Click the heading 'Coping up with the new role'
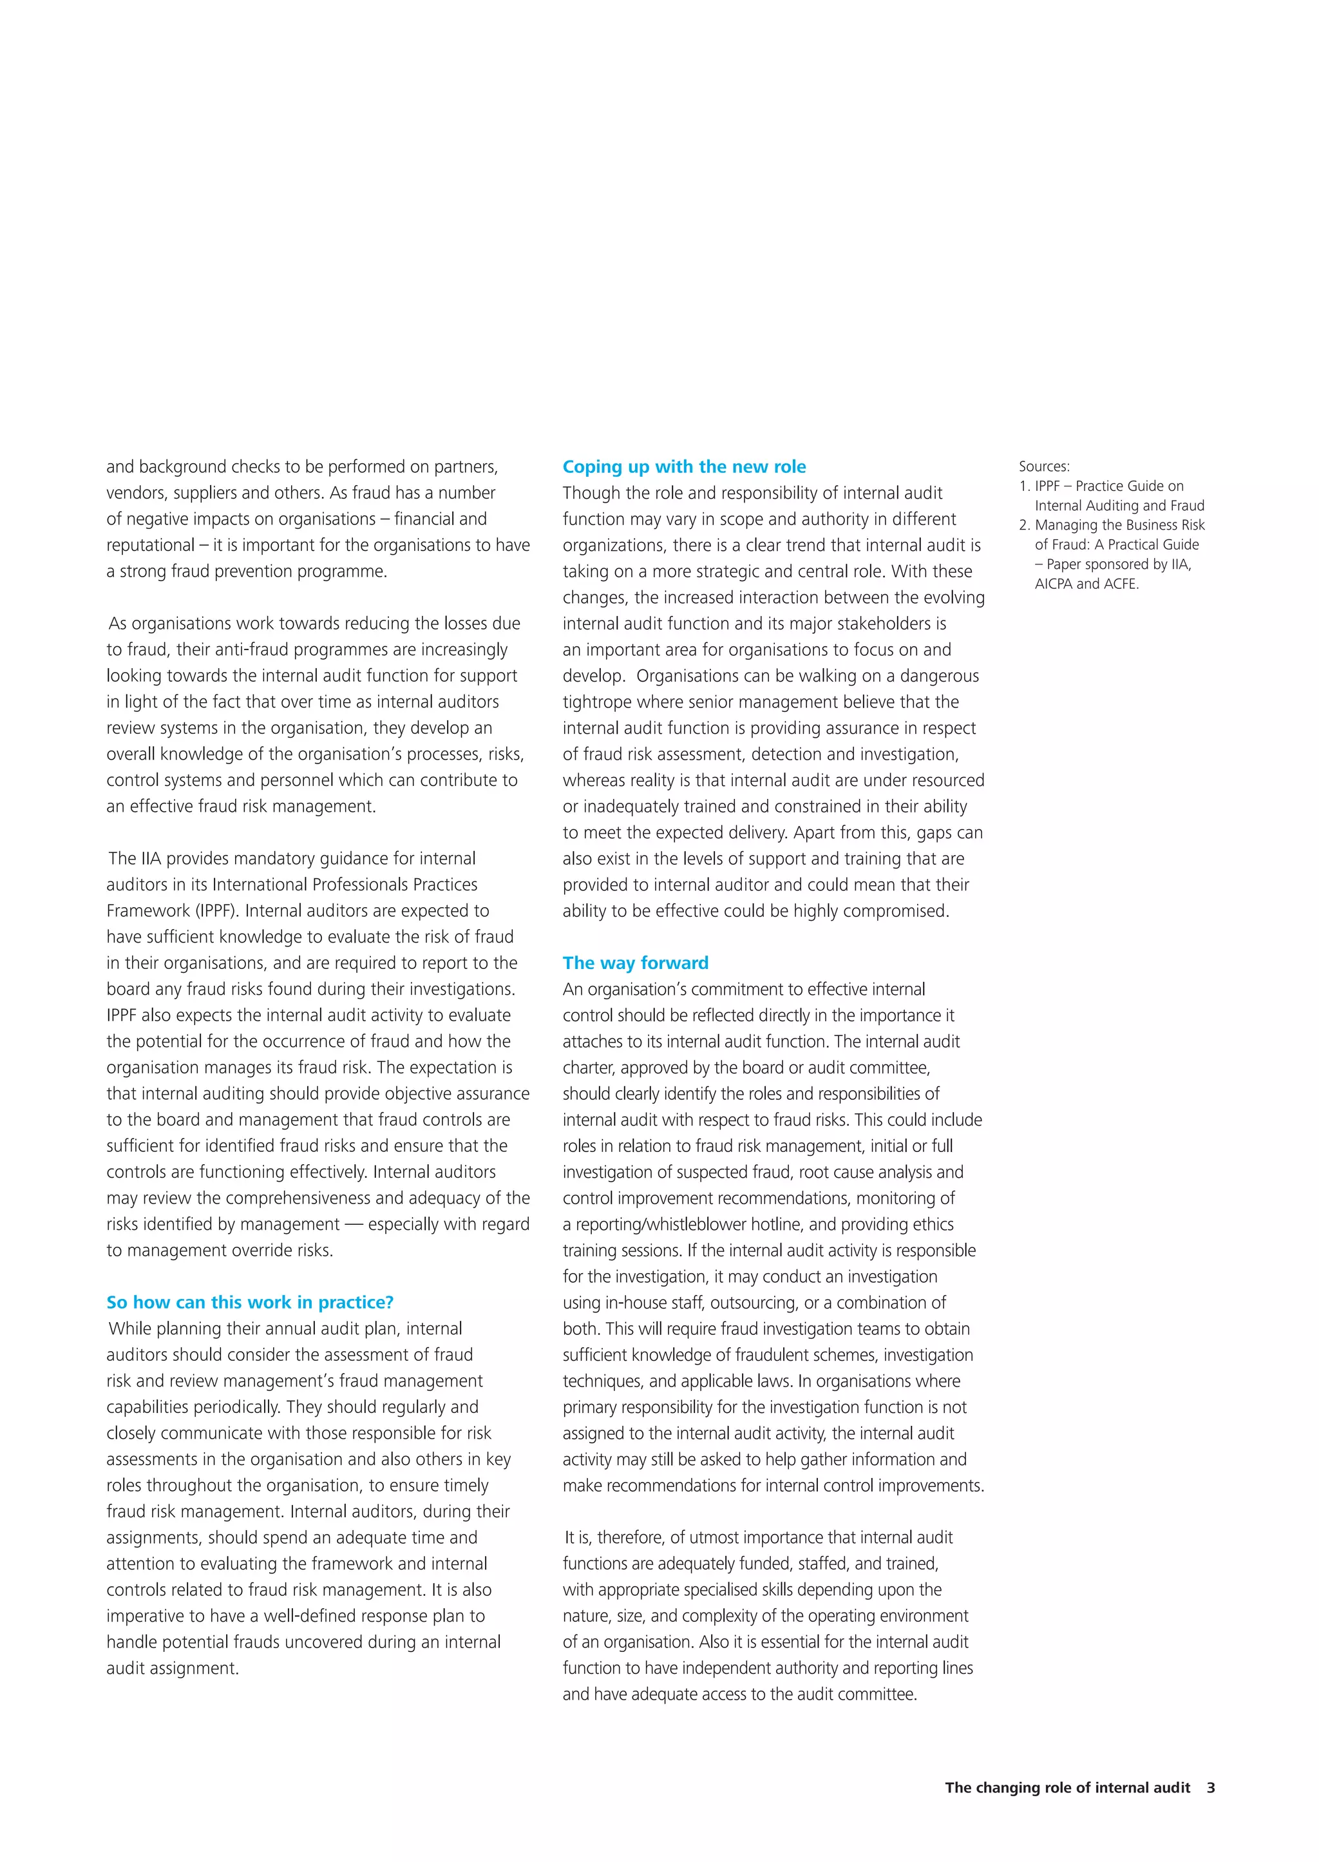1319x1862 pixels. pos(684,466)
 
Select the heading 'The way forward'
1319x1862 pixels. pos(635,963)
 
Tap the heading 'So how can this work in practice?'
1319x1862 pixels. pos(249,1302)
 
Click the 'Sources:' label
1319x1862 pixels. pos(1043,466)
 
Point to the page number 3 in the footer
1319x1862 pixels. pos(1211,1787)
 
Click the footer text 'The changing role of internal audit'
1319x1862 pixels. pos(1067,1787)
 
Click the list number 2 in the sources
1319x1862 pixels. pos(1024,526)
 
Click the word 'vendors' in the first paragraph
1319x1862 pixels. pos(137,493)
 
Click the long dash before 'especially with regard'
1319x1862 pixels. pos(354,1224)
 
